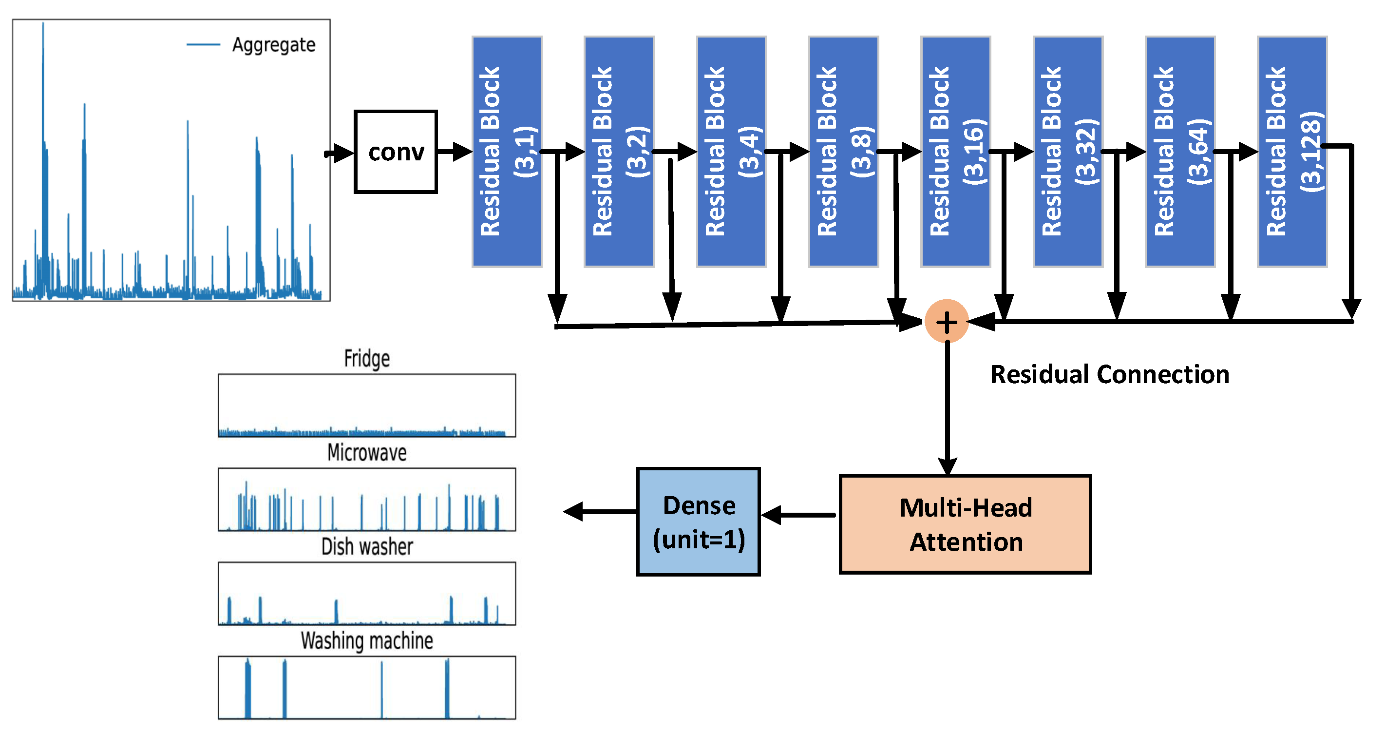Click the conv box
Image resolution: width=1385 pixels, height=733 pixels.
pyautogui.click(x=396, y=152)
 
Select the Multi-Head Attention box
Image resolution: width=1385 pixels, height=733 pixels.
pyautogui.click(x=965, y=524)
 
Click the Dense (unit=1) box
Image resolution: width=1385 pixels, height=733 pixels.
pyautogui.click(x=698, y=521)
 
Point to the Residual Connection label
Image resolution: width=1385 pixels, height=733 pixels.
pyautogui.click(x=1109, y=374)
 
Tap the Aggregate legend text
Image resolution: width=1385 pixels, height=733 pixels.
pyautogui.click(x=273, y=45)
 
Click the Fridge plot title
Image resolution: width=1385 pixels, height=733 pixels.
pyautogui.click(x=367, y=358)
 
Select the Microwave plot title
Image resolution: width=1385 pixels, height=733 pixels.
pyautogui.click(x=367, y=452)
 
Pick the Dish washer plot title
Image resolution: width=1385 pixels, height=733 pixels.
pyautogui.click(x=367, y=546)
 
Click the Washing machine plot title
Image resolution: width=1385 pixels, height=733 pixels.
pyautogui.click(x=367, y=640)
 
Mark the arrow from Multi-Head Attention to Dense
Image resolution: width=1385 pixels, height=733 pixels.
pyautogui.click(x=798, y=515)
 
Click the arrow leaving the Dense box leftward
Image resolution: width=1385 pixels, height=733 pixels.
pyautogui.click(x=600, y=511)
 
